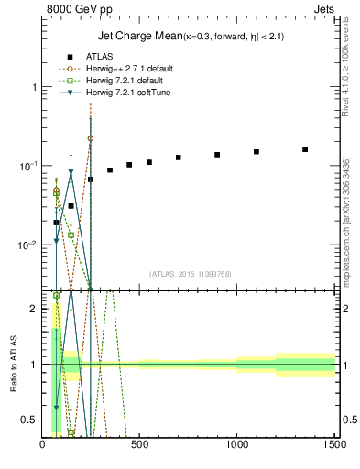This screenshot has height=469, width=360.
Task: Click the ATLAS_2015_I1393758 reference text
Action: click(189, 274)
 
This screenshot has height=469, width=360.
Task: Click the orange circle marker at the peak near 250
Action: click(90, 138)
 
